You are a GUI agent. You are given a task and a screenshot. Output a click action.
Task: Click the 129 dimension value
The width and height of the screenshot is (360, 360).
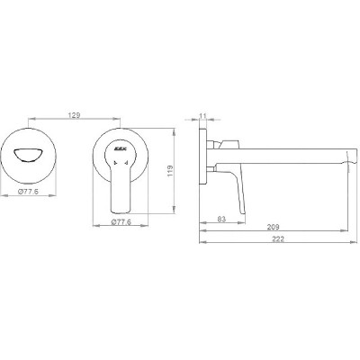pyautogui.click(x=74, y=115)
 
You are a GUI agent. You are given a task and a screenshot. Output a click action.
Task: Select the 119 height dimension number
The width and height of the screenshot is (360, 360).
pyautogui.click(x=170, y=171)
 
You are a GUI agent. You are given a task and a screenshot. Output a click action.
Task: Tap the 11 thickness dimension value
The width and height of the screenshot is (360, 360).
pyautogui.click(x=203, y=115)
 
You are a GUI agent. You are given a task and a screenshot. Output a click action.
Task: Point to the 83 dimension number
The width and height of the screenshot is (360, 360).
pyautogui.click(x=221, y=219)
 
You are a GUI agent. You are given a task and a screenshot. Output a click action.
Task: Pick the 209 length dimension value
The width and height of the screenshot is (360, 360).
pyautogui.click(x=273, y=227)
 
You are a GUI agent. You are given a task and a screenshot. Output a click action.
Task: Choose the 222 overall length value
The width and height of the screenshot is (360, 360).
pyautogui.click(x=278, y=239)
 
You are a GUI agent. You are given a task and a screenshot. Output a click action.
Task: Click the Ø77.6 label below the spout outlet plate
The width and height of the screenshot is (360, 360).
pyautogui.click(x=28, y=192)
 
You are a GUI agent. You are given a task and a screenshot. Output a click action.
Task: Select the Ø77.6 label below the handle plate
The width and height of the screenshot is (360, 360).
pyautogui.click(x=121, y=222)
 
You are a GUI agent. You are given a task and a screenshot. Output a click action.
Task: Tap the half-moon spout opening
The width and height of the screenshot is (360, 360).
pyautogui.click(x=27, y=155)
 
